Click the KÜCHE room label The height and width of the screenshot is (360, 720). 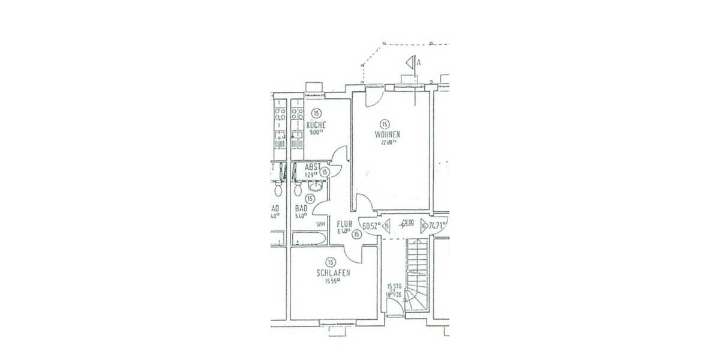tap(316, 125)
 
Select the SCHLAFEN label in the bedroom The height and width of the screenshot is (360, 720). tap(333, 273)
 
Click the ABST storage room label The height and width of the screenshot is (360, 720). tap(313, 167)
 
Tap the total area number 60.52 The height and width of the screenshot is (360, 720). tap(371, 226)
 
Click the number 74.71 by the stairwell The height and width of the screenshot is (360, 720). tap(439, 226)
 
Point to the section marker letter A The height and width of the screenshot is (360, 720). tap(418, 62)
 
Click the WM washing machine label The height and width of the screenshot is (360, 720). tap(320, 224)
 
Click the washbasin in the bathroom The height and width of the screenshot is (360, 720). tap(316, 185)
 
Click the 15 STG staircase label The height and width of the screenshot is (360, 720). tap(394, 286)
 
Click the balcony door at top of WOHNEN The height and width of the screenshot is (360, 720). tap(406, 88)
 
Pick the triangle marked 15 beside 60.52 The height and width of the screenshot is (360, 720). tap(387, 226)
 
